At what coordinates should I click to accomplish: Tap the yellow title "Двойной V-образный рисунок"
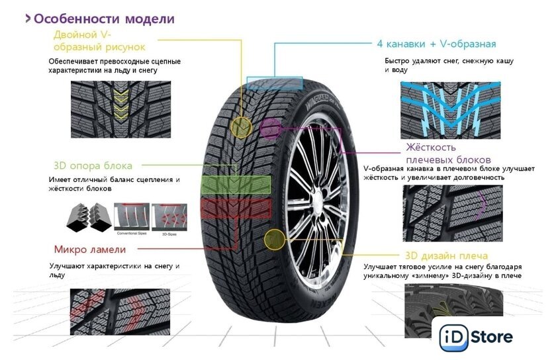[x=99, y=41]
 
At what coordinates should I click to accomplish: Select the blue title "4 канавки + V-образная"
[x=436, y=44]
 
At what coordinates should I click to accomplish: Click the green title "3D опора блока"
[x=93, y=165]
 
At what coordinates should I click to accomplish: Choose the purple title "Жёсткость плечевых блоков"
[x=447, y=154]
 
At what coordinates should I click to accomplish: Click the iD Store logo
[x=475, y=337]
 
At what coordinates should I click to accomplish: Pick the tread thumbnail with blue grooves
[x=450, y=110]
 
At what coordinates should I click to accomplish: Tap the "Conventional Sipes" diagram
[x=132, y=216]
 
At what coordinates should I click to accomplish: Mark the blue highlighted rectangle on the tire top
[x=275, y=84]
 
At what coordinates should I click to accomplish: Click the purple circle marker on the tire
[x=269, y=128]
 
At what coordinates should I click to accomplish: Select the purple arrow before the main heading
[x=28, y=19]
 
